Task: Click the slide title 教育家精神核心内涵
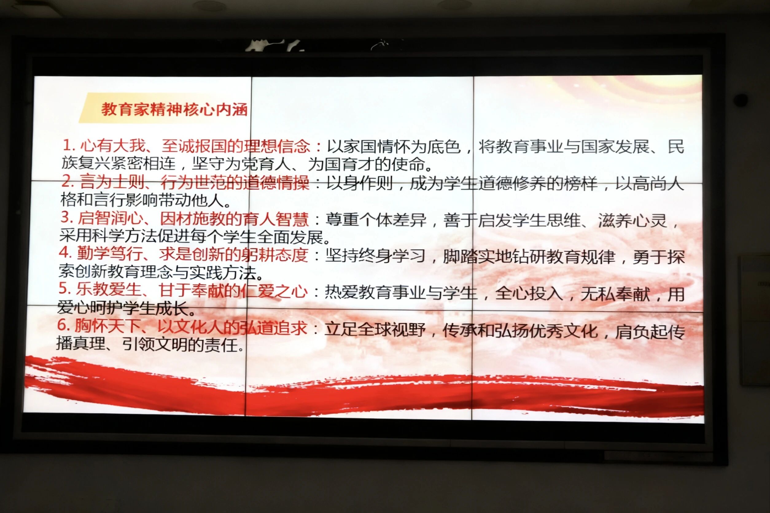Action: (174, 109)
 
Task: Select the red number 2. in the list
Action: (68, 182)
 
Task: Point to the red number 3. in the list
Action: (67, 217)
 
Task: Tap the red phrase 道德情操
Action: (276, 183)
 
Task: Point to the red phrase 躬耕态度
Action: (275, 255)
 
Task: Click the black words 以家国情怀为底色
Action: (394, 147)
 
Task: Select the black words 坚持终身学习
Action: (375, 256)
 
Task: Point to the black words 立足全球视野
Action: (375, 329)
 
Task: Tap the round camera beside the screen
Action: (741, 100)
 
